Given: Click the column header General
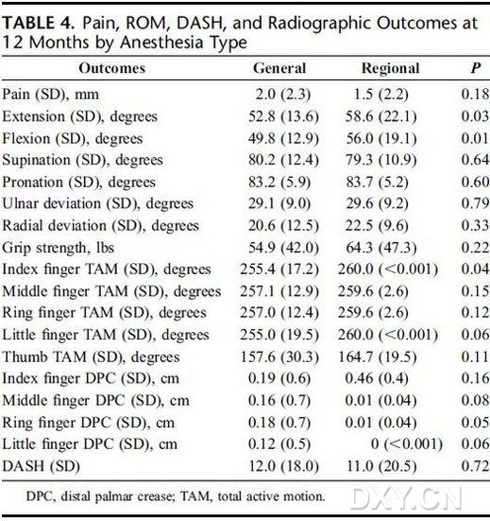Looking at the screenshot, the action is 279,68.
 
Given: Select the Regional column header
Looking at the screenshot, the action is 391,68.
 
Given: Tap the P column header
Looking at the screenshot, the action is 476,68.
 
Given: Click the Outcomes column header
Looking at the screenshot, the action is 112,68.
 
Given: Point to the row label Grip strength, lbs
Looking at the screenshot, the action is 58,248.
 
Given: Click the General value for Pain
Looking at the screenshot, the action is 283,95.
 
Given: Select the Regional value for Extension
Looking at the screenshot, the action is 380,116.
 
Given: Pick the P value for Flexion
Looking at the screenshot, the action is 475,138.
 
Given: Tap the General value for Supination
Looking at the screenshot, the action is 283,160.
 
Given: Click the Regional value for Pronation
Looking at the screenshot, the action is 378,182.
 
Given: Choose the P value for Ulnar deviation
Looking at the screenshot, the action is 475,203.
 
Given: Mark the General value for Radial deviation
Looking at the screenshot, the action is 283,226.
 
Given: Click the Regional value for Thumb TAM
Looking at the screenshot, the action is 378,357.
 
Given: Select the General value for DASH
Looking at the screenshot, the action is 283,466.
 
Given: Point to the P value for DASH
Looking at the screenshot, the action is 475,466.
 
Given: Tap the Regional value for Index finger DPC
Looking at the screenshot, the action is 377,378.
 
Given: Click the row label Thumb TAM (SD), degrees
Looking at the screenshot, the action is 91,357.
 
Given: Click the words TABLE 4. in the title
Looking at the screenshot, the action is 38,24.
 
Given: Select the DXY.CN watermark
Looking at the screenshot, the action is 406,498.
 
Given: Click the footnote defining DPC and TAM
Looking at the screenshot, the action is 176,496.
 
